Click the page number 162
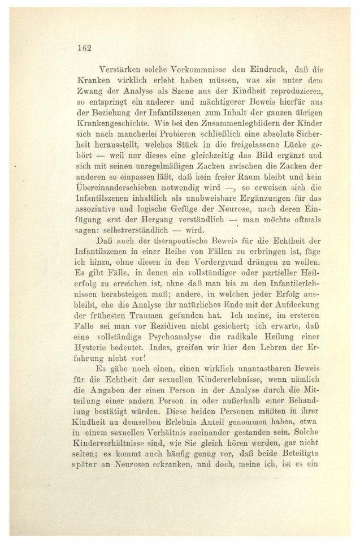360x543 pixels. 84,48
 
